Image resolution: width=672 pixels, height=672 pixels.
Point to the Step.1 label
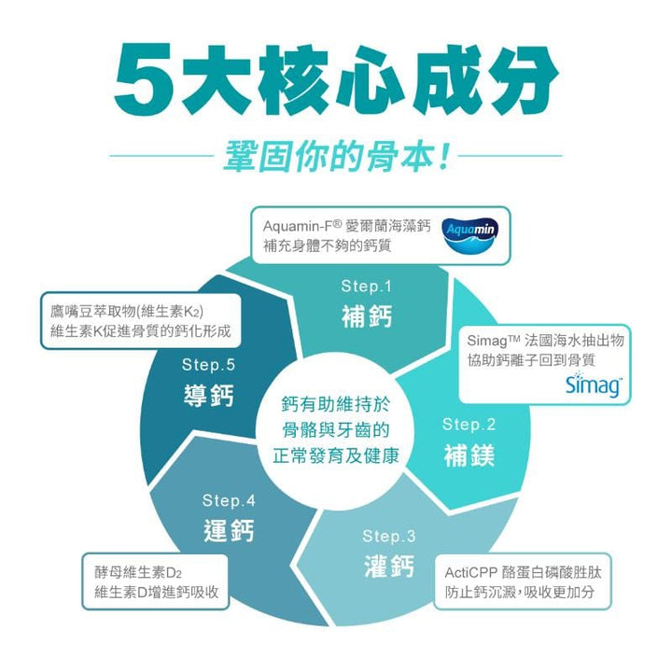367,286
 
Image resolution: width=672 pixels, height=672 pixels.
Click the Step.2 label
469,425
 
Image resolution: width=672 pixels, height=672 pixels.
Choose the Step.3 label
388,536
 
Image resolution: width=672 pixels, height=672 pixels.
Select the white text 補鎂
469,456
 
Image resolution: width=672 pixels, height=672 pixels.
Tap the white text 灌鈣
388,567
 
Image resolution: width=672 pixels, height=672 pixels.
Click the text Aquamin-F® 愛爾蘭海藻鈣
346,225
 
